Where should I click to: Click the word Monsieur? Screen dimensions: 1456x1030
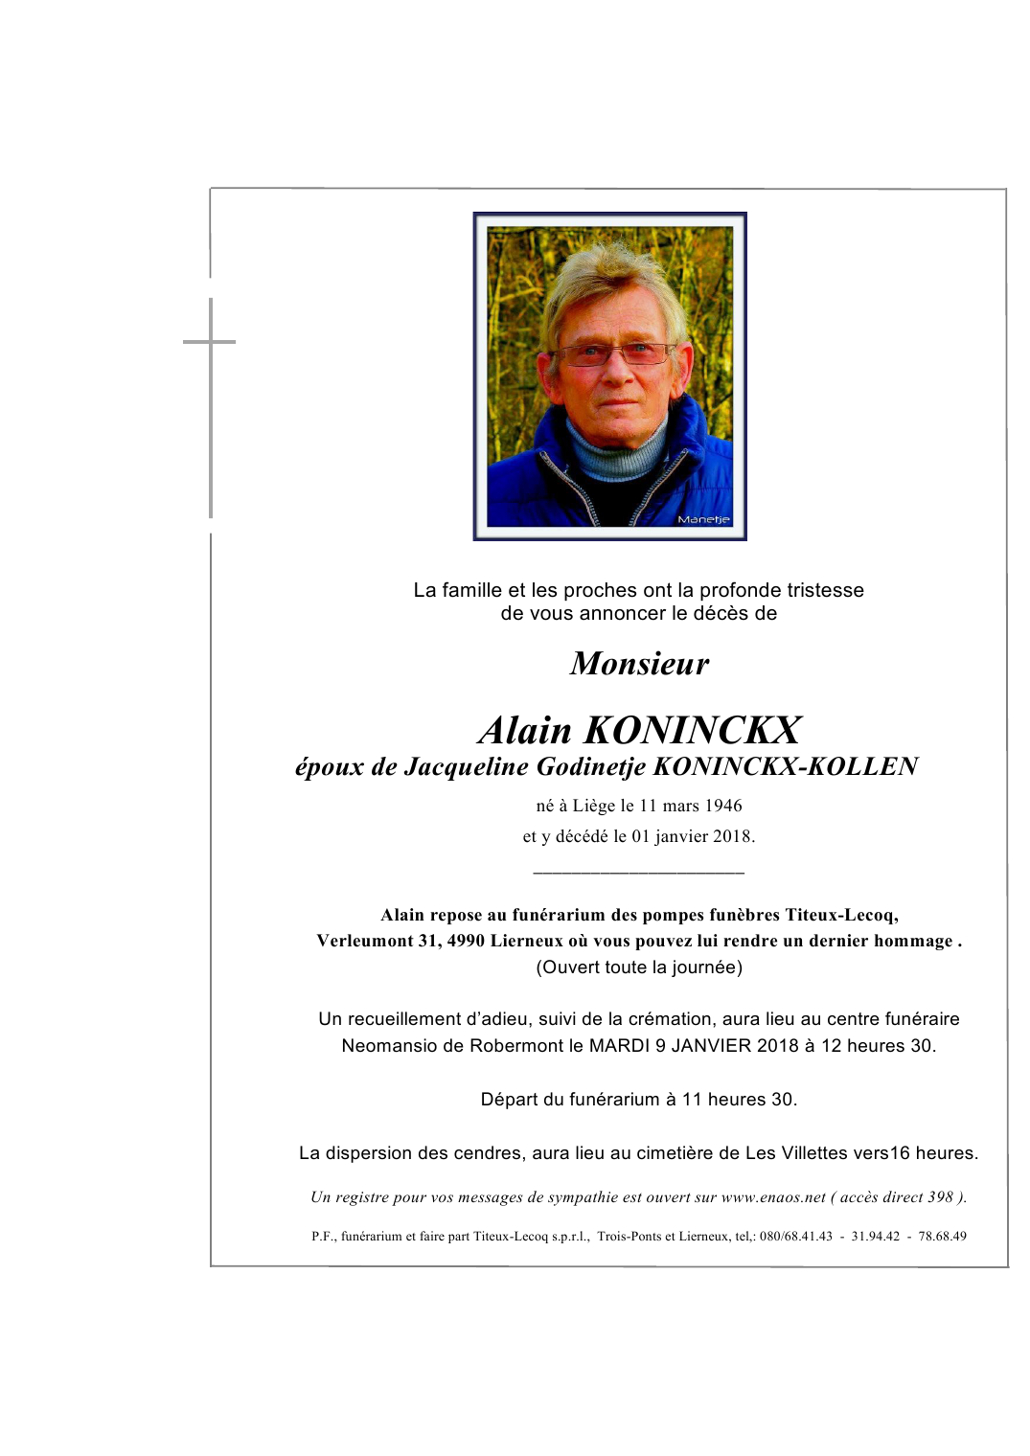tap(639, 663)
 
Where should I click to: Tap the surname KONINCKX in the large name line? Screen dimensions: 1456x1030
tap(692, 730)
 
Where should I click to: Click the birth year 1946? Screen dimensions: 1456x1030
tap(722, 806)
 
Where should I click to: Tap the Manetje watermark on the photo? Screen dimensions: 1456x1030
tap(703, 519)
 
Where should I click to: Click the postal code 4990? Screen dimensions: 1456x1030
tap(466, 941)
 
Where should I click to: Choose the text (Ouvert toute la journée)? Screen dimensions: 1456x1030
tap(639, 967)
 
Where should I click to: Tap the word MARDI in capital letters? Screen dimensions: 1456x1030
tap(619, 1045)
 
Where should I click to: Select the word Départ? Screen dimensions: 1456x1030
tap(511, 1099)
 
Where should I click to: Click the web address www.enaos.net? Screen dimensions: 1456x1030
tap(772, 1196)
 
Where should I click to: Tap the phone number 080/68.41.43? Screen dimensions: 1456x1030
tap(795, 1236)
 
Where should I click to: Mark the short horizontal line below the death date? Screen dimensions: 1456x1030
tap(638, 873)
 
